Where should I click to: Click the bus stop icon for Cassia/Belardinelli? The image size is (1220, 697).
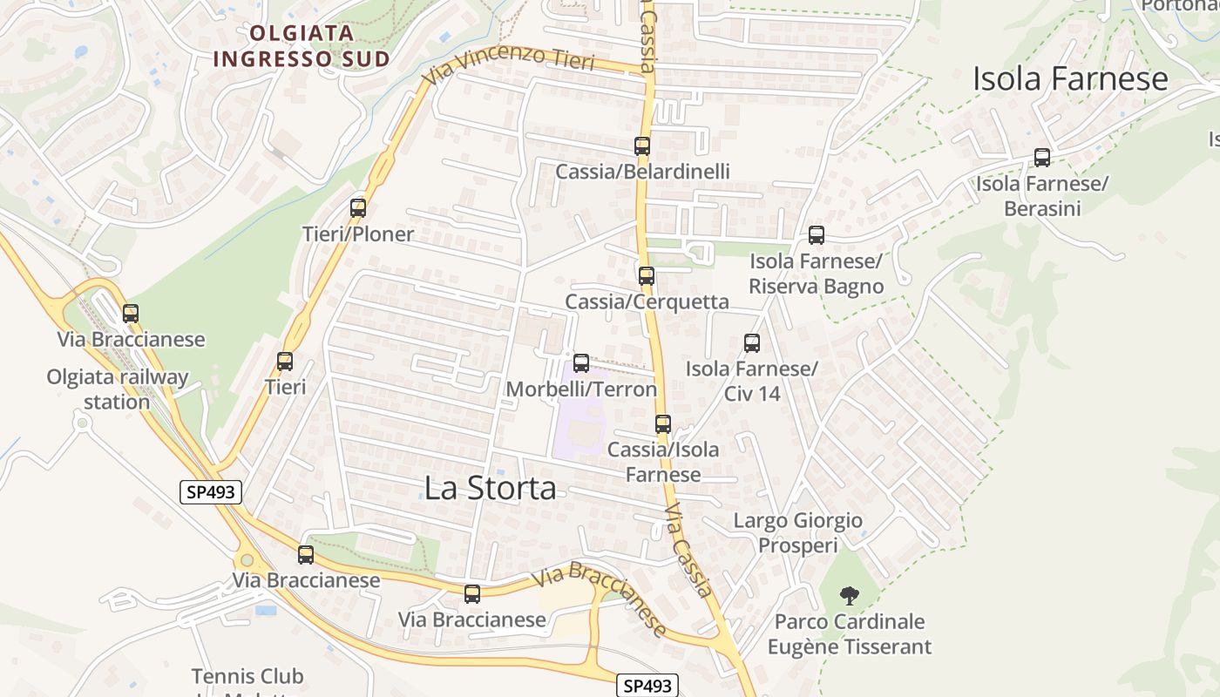click(x=642, y=146)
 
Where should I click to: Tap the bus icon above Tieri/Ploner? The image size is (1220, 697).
click(x=358, y=208)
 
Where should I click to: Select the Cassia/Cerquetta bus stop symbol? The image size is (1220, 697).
click(x=647, y=276)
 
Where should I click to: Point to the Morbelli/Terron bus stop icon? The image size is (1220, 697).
click(x=581, y=363)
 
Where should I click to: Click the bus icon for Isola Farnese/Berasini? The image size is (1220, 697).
click(x=1042, y=158)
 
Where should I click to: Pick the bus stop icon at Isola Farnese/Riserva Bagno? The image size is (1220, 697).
click(x=817, y=235)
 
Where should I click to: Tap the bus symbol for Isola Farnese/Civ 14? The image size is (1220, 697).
click(x=752, y=343)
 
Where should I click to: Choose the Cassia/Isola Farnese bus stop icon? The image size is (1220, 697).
click(x=663, y=424)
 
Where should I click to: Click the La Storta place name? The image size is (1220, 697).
click(x=490, y=488)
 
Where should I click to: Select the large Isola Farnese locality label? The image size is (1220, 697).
click(x=1070, y=79)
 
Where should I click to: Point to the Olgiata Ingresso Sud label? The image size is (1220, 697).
click(x=301, y=46)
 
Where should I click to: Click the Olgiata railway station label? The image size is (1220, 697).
click(x=118, y=389)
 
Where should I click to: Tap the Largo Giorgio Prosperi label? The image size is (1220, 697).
click(x=798, y=533)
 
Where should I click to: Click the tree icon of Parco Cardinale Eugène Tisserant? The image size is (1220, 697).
click(x=849, y=597)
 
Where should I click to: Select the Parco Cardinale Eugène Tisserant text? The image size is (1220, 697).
click(x=850, y=634)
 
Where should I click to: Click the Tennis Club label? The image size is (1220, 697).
click(x=247, y=677)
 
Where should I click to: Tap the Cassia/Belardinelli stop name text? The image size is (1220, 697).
click(x=643, y=172)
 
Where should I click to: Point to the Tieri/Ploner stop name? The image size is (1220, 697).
click(x=358, y=234)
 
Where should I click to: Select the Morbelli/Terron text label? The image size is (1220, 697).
click(x=581, y=389)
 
